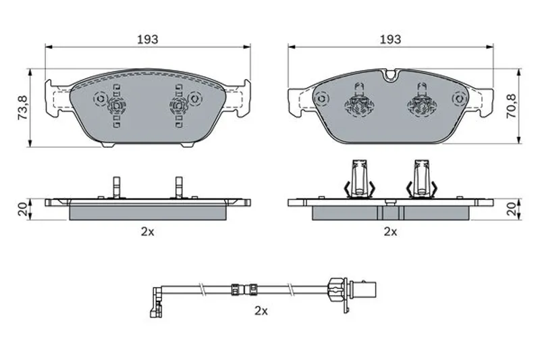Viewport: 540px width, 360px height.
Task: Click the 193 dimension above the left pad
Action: (148, 39)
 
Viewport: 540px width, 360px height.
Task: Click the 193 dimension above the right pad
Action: (391, 39)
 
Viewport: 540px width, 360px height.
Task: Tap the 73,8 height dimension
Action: (24, 108)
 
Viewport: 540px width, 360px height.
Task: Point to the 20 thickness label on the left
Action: (23, 209)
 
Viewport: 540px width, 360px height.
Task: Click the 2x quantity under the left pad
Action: (147, 232)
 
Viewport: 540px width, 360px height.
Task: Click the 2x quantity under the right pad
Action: (390, 232)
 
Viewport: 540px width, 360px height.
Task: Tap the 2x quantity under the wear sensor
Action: (261, 311)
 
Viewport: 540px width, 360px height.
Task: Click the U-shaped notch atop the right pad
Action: (391, 75)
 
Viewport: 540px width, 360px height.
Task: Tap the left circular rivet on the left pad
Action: (101, 99)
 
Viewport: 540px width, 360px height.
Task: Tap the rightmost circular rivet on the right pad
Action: (459, 99)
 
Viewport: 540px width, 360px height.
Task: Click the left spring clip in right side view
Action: (359, 179)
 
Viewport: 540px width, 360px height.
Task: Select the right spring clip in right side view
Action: (421, 179)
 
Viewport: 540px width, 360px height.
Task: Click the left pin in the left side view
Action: (116, 187)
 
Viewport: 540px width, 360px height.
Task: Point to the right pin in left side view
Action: (179, 187)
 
